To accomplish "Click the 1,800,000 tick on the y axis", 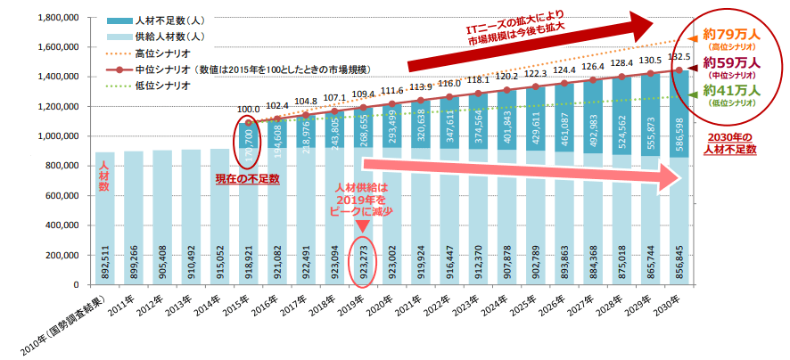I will click(x=54, y=17).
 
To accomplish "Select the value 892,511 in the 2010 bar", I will click(x=106, y=258).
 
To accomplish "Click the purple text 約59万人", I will click(x=730, y=62).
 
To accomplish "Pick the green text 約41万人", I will click(x=730, y=90).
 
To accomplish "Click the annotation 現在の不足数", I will click(x=247, y=178).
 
